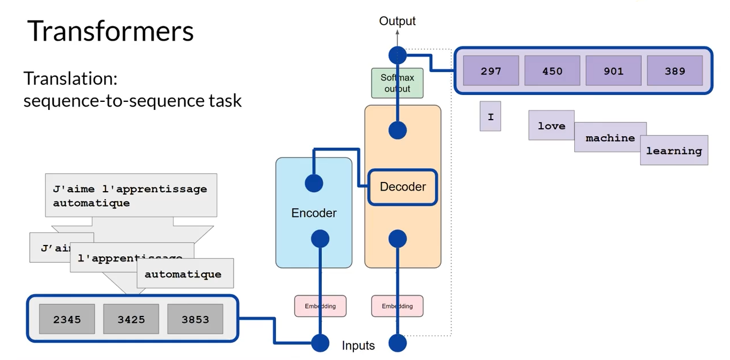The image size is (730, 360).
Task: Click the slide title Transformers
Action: tap(111, 31)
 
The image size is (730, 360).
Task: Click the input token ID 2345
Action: tap(67, 319)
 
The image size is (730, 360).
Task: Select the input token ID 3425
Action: tap(131, 319)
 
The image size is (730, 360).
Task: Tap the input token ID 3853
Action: tap(195, 319)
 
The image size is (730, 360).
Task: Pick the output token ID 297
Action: tap(491, 71)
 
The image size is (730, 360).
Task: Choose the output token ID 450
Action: tap(552, 71)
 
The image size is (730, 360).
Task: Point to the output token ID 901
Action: tap(613, 71)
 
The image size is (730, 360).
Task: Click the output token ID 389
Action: tap(674, 71)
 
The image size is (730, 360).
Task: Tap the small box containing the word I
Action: tap(490, 116)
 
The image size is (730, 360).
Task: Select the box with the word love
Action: tap(551, 125)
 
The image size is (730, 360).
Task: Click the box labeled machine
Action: tap(610, 137)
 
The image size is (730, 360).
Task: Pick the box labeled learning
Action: tap(674, 151)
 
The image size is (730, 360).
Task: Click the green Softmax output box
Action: tap(397, 83)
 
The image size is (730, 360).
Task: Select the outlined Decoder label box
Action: tap(403, 187)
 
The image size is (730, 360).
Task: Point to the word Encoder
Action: tap(314, 213)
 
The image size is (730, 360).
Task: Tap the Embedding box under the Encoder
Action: tap(320, 306)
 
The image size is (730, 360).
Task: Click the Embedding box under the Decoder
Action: tap(397, 306)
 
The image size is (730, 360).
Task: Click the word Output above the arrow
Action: tap(397, 21)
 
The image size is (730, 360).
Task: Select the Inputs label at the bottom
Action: tap(358, 346)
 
